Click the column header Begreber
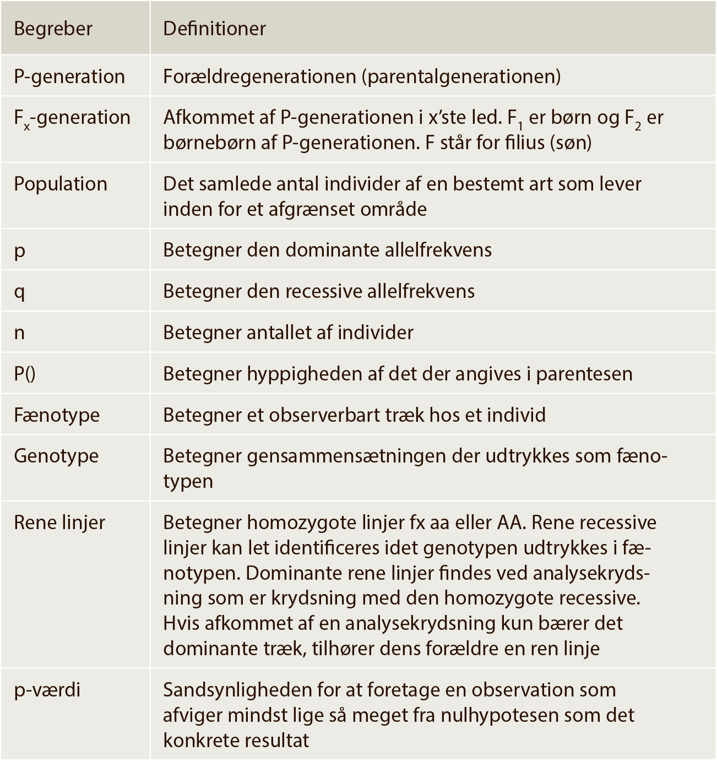[x=53, y=29]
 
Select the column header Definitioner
[x=214, y=29]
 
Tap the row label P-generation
[x=69, y=77]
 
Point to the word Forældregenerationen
[x=259, y=77]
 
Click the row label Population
[x=61, y=184]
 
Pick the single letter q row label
[x=19, y=292]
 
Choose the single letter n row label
[x=19, y=333]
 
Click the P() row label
[x=24, y=374]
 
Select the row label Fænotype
[x=57, y=415]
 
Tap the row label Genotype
[x=56, y=456]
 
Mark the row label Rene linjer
[x=59, y=522]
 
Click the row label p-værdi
[x=47, y=690]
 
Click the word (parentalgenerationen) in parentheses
[x=461, y=77]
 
